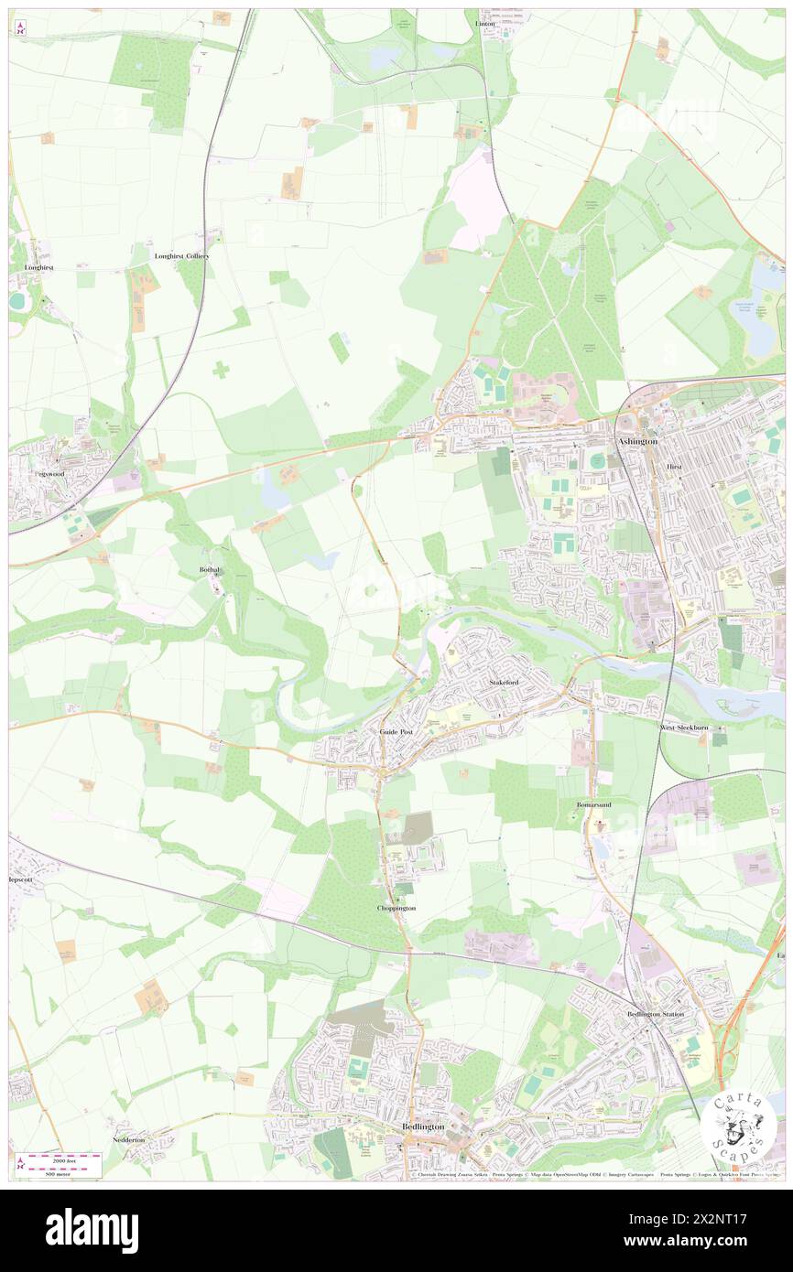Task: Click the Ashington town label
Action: pyautogui.click(x=637, y=441)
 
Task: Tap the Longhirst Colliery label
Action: pyautogui.click(x=182, y=256)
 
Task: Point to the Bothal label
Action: pyautogui.click(x=211, y=569)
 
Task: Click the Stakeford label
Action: pyautogui.click(x=505, y=683)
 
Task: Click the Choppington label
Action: pyautogui.click(x=396, y=908)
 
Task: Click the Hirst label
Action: pyautogui.click(x=675, y=466)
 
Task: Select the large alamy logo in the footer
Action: pyautogui.click(x=92, y=1230)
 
